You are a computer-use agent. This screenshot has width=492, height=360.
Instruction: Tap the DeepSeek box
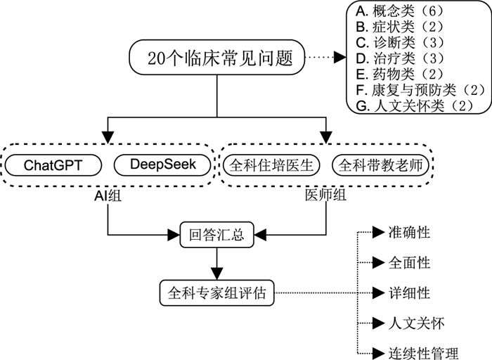click(160, 165)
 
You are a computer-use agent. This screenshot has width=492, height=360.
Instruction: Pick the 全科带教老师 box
click(380, 165)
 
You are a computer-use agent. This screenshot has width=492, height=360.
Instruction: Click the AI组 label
click(108, 196)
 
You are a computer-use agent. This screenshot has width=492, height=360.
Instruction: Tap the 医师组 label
click(326, 196)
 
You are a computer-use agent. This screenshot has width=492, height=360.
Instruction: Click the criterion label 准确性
click(409, 232)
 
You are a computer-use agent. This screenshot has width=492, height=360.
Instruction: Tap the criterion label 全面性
click(409, 263)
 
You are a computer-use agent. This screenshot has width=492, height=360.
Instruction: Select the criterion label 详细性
click(409, 292)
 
